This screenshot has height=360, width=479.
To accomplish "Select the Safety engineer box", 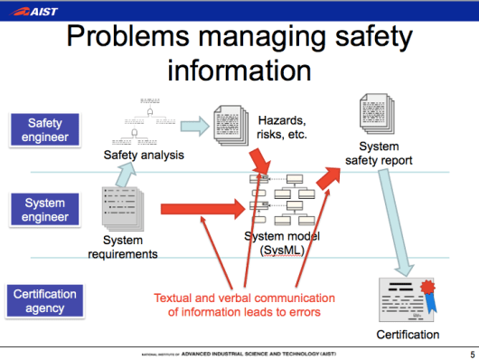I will tap(45, 129).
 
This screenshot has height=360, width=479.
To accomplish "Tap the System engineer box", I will tap(45, 211).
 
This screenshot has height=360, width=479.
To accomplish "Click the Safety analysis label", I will tap(144, 155).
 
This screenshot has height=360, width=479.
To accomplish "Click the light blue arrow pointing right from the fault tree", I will tap(193, 126).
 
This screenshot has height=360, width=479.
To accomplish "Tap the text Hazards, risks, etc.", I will tap(283, 127).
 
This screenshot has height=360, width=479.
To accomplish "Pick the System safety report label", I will tap(379, 154).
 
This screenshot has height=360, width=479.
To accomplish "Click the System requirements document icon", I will tap(121, 206).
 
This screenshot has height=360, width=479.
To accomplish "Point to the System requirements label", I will tap(123, 247).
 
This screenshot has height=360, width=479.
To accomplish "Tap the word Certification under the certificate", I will tap(408, 335).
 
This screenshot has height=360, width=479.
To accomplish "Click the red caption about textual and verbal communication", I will tap(244, 305).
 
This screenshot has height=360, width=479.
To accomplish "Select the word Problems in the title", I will tap(126, 39).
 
